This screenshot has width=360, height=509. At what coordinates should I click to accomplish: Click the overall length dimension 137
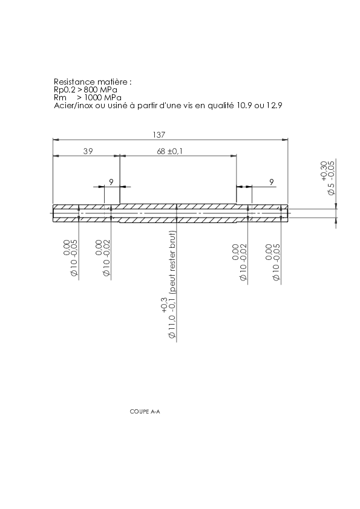(159, 135)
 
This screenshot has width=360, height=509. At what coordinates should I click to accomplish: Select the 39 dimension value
(88, 151)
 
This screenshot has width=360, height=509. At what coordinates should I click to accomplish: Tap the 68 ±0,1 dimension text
(169, 151)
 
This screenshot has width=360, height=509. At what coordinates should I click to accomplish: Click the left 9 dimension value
(111, 182)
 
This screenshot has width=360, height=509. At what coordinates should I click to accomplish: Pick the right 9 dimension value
(272, 182)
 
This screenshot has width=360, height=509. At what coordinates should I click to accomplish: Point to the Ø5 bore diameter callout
(327, 178)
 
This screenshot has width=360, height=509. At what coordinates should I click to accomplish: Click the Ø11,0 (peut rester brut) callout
(169, 285)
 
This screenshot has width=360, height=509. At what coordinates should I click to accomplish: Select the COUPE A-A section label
(145, 412)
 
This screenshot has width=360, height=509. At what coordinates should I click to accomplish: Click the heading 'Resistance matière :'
(93, 82)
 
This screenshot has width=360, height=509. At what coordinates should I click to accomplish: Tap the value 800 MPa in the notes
(100, 89)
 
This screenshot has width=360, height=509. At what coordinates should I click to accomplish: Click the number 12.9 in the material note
(274, 105)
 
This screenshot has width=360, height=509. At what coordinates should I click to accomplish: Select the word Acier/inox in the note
(73, 105)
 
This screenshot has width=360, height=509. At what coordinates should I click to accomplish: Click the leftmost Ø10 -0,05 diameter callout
(71, 258)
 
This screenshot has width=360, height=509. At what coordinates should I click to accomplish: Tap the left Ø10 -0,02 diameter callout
(103, 258)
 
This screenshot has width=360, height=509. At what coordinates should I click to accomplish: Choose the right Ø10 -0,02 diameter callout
(240, 262)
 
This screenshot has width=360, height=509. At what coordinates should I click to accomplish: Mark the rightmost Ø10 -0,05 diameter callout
(273, 262)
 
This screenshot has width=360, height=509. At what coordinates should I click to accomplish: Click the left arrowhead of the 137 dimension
(56, 140)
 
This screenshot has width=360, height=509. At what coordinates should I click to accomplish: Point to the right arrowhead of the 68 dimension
(234, 156)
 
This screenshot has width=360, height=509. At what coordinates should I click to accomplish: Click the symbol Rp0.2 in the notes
(65, 90)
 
